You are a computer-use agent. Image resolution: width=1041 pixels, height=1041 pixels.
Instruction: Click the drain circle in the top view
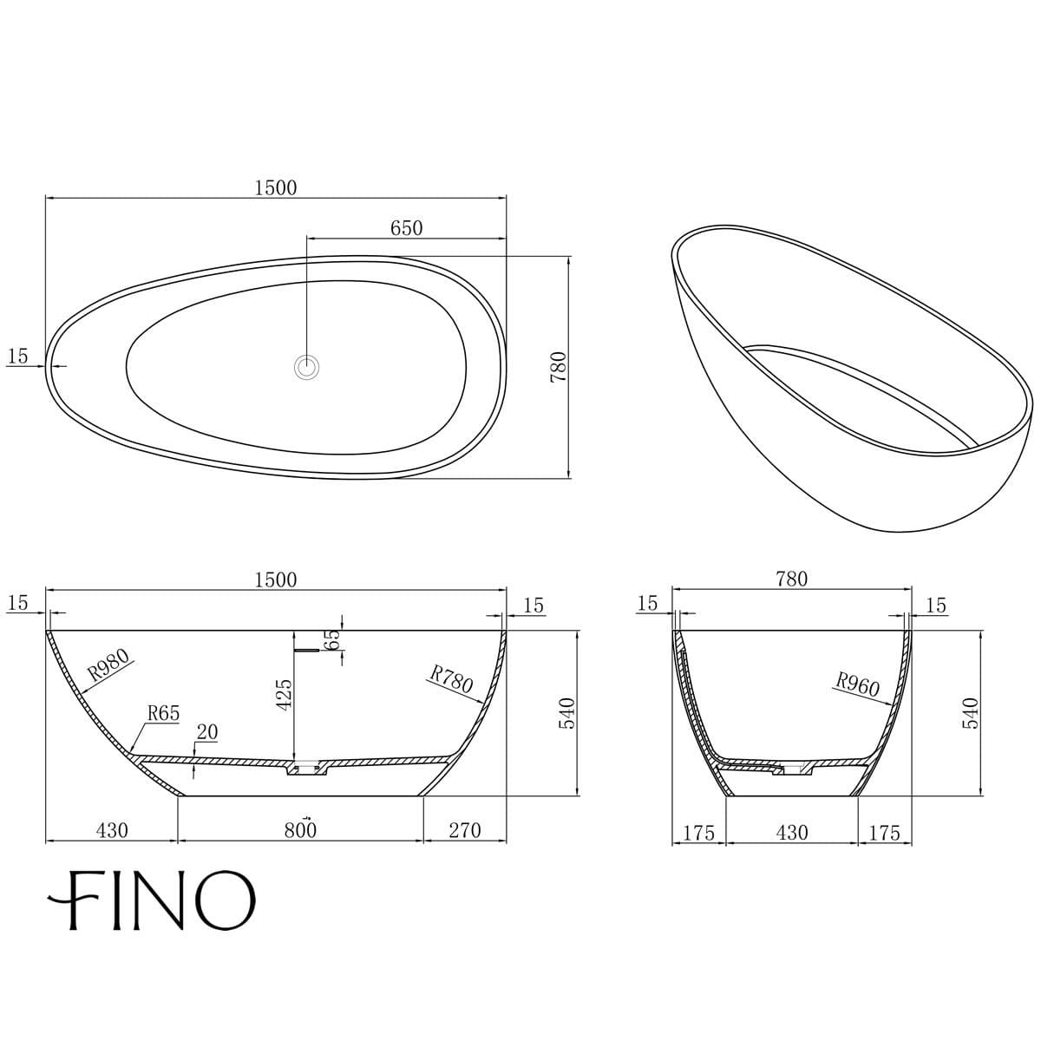point(306,368)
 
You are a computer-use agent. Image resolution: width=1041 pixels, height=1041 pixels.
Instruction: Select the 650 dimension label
point(406,228)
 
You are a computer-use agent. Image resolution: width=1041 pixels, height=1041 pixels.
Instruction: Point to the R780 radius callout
point(451,678)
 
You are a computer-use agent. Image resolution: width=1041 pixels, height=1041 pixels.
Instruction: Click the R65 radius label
point(162,713)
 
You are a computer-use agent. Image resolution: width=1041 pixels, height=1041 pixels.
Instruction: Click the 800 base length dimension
point(300,830)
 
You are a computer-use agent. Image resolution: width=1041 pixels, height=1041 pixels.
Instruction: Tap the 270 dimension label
point(464,830)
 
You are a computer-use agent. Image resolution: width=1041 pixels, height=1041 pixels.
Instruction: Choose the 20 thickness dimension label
point(206,732)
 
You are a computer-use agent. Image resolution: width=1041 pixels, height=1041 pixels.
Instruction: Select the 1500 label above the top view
point(276,187)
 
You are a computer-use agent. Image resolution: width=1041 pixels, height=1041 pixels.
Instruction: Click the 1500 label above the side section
point(276,579)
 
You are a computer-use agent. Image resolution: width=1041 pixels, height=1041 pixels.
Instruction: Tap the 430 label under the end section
point(791,833)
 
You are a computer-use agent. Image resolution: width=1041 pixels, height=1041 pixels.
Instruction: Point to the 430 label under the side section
point(112,830)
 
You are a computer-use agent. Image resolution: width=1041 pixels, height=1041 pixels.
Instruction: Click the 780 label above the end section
point(791,579)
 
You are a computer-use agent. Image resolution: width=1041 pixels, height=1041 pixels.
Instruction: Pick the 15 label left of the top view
point(17,356)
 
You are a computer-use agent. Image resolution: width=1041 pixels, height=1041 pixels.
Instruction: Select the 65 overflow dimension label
point(332,640)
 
